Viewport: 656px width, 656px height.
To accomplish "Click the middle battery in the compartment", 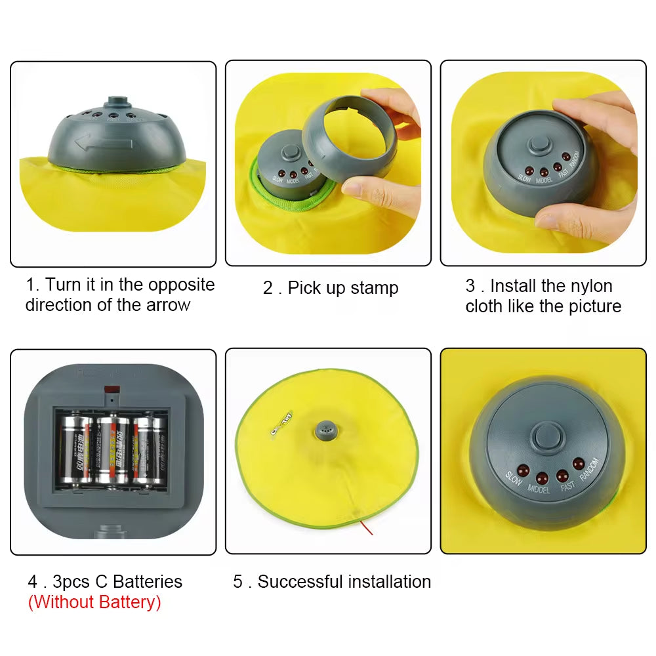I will pyautogui.click(x=113, y=449).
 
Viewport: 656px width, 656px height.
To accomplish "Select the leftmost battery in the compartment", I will pyautogui.click(x=76, y=451).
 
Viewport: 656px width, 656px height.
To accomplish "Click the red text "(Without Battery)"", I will pyautogui.click(x=94, y=602).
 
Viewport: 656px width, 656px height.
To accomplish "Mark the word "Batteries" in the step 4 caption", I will pyautogui.click(x=148, y=582).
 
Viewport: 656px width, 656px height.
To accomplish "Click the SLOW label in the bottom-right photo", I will pyautogui.click(x=514, y=480).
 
